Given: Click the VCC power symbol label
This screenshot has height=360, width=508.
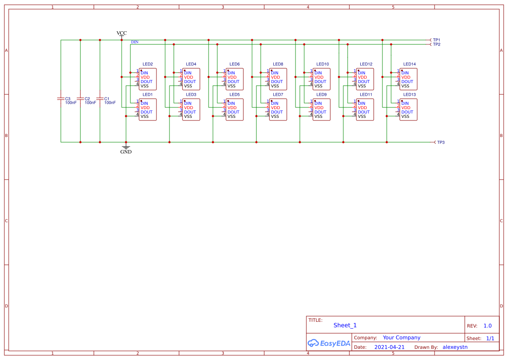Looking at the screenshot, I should point(122,33).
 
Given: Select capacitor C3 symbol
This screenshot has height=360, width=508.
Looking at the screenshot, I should point(61,99).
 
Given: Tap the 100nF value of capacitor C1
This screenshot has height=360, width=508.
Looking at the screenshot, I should point(110,103).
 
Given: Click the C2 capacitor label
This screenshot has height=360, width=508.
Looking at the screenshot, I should point(87,99).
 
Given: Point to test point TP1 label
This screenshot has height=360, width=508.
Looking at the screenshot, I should point(436,40).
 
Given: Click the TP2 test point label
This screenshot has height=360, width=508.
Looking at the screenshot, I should point(436,44).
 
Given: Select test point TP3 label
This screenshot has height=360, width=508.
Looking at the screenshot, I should point(440,143).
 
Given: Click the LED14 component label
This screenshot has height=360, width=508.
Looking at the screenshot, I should point(409,64).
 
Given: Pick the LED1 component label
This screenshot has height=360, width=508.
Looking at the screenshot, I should point(148,94).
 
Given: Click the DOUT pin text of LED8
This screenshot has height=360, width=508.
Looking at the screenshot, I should point(277,82).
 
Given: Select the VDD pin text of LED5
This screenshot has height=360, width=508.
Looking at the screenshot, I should point(232,108).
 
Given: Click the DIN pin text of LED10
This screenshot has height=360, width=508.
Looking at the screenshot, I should point(318,73).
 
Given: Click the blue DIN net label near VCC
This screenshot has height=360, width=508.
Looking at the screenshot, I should point(135,42).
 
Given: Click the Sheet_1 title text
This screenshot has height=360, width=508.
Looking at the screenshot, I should point(345,325).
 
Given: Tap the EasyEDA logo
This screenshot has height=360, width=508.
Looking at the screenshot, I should point(329,343).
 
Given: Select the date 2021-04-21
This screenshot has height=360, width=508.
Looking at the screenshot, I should point(389,347).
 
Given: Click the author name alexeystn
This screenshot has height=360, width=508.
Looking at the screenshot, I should point(455,347).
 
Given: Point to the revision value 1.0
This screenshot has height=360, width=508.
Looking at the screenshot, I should point(487,326).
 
